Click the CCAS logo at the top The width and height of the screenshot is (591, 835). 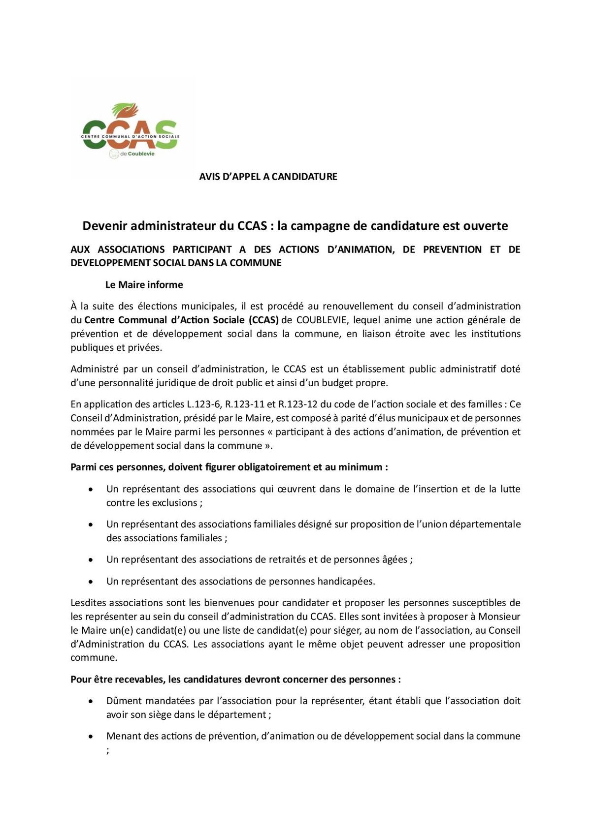pos(130,130)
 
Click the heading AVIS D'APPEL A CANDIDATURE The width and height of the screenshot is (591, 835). pos(268,177)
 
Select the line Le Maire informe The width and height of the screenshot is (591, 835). pos(144,285)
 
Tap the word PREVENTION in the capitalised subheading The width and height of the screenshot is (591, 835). pos(452,249)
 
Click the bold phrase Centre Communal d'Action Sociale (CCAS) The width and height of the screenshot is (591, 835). pos(182,320)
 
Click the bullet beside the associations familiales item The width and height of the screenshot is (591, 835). pos(91,525)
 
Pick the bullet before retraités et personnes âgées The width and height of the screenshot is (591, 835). pos(91,560)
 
